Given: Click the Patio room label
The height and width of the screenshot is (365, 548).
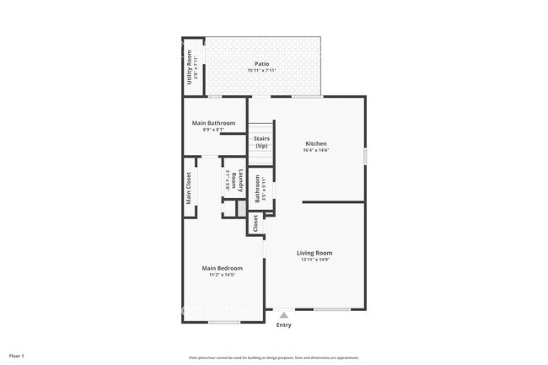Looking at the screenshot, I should [x=261, y=64].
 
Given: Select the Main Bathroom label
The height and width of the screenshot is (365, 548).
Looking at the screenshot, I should [x=213, y=123].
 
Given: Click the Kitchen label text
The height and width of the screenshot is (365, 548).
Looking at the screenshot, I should [x=315, y=143].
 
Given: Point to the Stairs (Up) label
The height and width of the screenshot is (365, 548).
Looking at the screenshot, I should [x=261, y=142].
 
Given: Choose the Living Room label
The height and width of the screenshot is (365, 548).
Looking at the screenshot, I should [x=314, y=253].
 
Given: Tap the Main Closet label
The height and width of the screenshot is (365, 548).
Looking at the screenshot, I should [x=189, y=188].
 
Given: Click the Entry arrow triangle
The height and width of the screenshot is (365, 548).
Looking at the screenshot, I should [x=284, y=316].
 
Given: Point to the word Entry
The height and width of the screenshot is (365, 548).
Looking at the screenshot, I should [x=284, y=325].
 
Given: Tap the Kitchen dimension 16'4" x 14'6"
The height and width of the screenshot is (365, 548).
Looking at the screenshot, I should [x=315, y=151].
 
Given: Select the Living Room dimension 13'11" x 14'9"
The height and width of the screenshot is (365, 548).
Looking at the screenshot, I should [x=314, y=260].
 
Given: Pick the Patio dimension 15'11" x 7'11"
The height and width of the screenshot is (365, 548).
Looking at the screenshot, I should [x=261, y=71].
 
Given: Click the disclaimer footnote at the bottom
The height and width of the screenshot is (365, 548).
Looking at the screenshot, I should [x=273, y=357].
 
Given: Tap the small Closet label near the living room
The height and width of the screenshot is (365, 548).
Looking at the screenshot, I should [x=255, y=223].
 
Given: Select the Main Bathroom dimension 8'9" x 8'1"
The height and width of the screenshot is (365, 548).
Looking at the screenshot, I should [x=213, y=130].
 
